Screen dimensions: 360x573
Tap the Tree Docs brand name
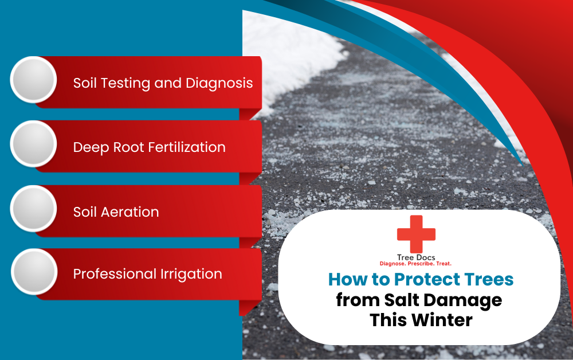point(416,257)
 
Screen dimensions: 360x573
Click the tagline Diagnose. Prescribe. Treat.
point(416,264)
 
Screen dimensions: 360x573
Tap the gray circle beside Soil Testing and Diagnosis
point(33,80)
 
